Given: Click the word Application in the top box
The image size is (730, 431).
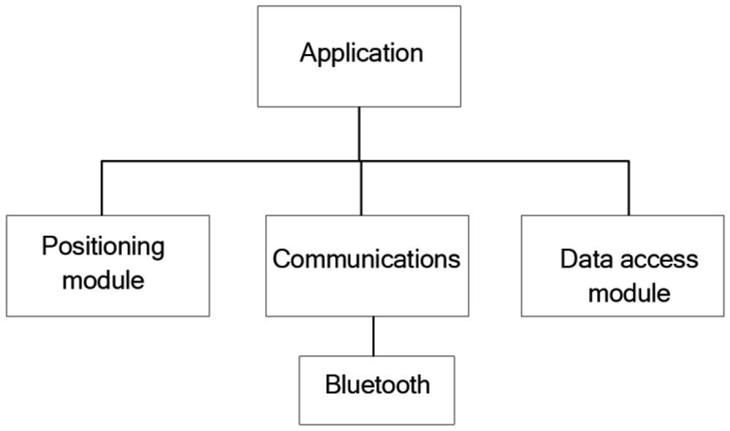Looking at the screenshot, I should pos(361,54).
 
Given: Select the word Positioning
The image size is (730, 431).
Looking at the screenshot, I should pos(103,247).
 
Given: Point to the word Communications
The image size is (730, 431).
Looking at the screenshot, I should pos(366,260).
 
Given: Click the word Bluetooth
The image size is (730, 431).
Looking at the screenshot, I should pos(377,384).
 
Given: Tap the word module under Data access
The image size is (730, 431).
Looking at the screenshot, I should pos(629,294).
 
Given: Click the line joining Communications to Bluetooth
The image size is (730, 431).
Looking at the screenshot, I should pos(374,336).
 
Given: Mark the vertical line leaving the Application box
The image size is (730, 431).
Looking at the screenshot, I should pos(359,133).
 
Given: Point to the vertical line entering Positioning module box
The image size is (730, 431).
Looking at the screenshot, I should pos(101,188).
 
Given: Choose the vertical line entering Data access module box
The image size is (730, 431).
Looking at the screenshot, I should pos(628,188).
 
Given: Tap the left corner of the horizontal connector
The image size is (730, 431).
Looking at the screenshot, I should pos(101,160).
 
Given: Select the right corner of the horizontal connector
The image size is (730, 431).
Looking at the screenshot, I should pos(628,160).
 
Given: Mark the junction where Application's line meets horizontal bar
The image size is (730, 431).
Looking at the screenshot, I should pos(359,160).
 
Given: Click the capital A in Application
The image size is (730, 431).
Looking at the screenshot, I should pos(307,53).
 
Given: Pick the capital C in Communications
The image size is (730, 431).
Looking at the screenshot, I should pos(281,260).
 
